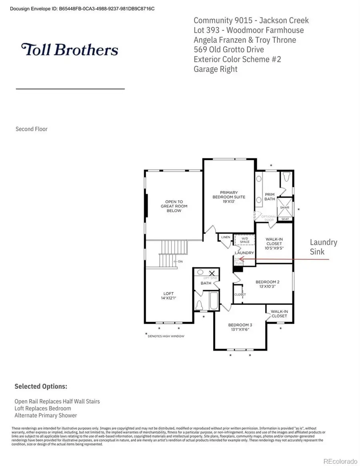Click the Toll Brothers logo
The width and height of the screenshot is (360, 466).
point(70,50)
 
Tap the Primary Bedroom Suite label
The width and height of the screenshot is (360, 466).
point(228,197)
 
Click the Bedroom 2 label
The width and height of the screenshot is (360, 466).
point(267,284)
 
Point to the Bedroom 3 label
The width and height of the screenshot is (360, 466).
point(240,327)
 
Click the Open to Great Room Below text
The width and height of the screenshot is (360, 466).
point(174,206)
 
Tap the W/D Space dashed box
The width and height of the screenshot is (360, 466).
point(244,240)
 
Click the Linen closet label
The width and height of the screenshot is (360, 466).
point(226,237)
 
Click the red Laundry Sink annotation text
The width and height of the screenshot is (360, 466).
point(324,247)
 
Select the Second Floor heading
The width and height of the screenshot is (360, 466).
point(32,129)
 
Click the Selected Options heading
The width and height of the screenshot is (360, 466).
point(41,386)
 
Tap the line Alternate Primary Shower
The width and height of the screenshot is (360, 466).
point(46,415)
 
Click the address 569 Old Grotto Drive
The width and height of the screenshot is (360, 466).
point(228,50)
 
